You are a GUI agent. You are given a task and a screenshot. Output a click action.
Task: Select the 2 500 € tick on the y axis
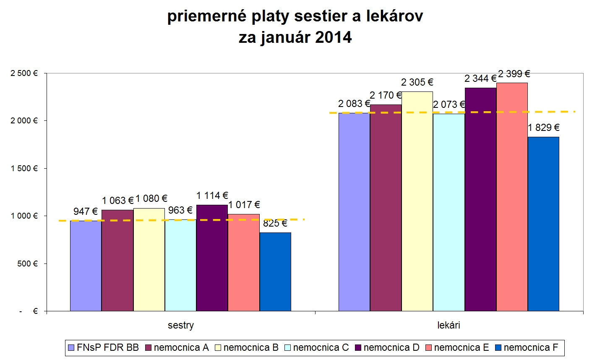[x=24, y=73]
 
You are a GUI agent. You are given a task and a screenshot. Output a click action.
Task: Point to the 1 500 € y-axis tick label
[x=24, y=168]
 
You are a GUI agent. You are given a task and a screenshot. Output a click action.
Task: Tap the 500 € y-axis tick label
[x=27, y=263]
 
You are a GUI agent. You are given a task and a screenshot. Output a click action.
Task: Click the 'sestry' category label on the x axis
[x=181, y=325]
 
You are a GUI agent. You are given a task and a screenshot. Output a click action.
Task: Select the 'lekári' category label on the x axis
[x=449, y=325]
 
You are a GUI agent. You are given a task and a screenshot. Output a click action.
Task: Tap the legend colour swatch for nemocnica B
[x=218, y=347]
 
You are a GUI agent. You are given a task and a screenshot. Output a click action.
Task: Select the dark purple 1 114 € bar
[x=212, y=258]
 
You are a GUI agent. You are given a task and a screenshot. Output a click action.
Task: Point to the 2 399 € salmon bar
[x=512, y=197]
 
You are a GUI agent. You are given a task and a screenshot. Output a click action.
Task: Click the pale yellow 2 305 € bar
[x=417, y=201]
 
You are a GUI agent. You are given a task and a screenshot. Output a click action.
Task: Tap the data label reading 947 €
[x=86, y=211]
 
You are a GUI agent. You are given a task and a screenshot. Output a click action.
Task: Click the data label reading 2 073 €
[x=449, y=104]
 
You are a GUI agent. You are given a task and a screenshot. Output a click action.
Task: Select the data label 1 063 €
[x=117, y=201]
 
